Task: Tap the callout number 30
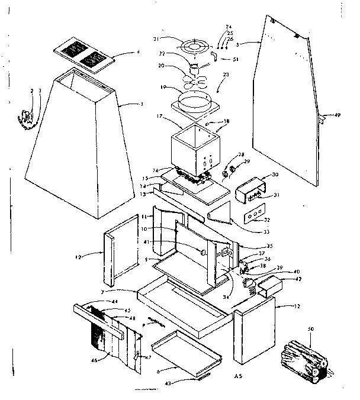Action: click(275, 175)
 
